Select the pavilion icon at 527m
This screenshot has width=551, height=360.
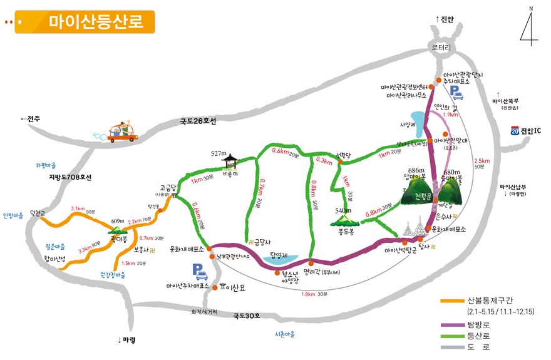tap(230, 162)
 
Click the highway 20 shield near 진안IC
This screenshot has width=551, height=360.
tap(515, 131)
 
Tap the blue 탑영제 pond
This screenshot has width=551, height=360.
tap(277, 257)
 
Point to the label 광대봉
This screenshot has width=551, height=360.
tap(119, 239)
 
